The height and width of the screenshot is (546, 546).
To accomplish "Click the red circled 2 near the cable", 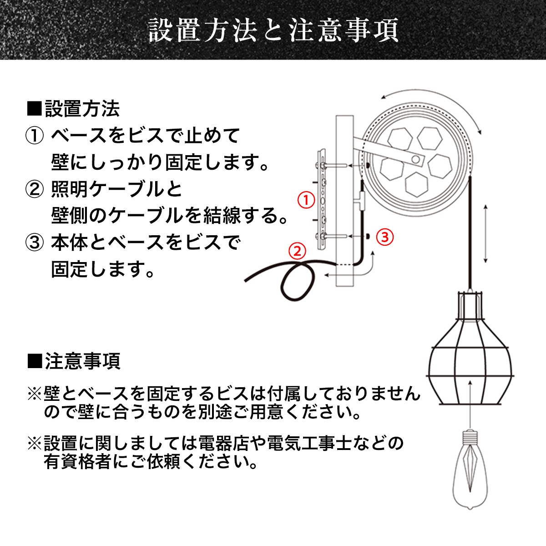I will (297, 251).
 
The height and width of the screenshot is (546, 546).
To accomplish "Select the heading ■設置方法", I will (74, 109).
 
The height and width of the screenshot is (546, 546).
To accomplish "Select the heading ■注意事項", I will (74, 361).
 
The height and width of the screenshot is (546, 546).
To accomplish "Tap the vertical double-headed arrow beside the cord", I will (485, 233).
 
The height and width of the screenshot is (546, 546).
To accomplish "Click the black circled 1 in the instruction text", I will (35, 136).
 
